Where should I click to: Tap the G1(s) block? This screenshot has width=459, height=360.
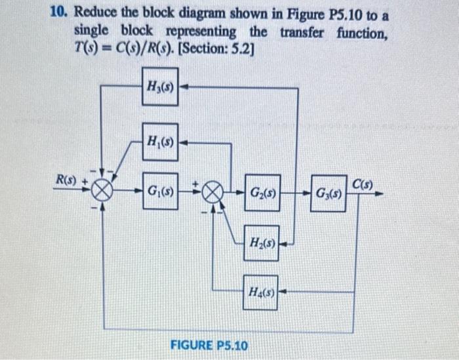tap(160, 195)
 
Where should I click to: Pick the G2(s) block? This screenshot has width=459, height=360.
tap(262, 195)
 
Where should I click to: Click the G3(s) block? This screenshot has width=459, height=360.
tap(328, 195)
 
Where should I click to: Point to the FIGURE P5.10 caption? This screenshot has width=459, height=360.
tap(209, 344)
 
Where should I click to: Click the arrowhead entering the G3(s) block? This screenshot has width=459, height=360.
tap(306, 195)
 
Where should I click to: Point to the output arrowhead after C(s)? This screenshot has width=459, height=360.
tap(380, 194)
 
